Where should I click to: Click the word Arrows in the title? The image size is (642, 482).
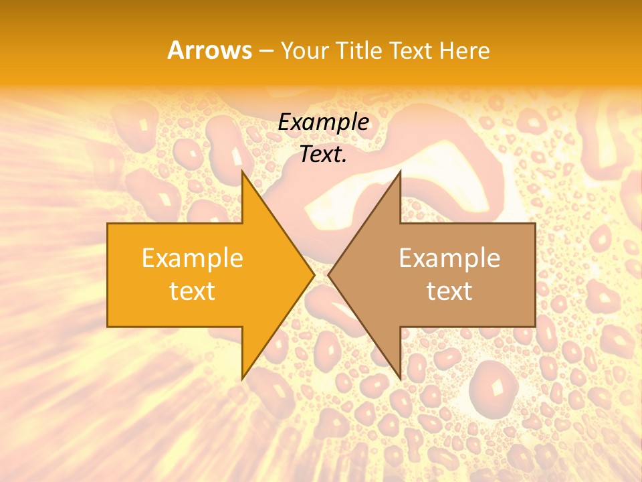tap(210, 50)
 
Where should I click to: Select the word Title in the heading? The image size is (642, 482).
tap(361, 50)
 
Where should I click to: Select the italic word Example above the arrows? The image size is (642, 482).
tap(324, 122)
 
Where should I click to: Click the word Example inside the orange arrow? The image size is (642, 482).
tap(193, 258)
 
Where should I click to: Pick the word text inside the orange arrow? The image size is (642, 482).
tap(193, 291)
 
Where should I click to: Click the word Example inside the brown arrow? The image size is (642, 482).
tap(449, 258)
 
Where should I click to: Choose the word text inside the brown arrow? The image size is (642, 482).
tap(449, 291)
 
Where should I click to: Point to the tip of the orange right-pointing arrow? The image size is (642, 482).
tap(314, 274)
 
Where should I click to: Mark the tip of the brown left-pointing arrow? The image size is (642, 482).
tap(328, 274)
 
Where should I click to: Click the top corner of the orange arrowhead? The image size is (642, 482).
tap(242, 171)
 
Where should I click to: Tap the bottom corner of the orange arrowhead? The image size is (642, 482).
tap(242, 379)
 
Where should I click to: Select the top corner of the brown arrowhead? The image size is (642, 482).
tap(400, 171)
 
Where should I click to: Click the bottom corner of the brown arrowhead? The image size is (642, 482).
tap(400, 379)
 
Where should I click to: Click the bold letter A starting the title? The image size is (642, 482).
tap(175, 50)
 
